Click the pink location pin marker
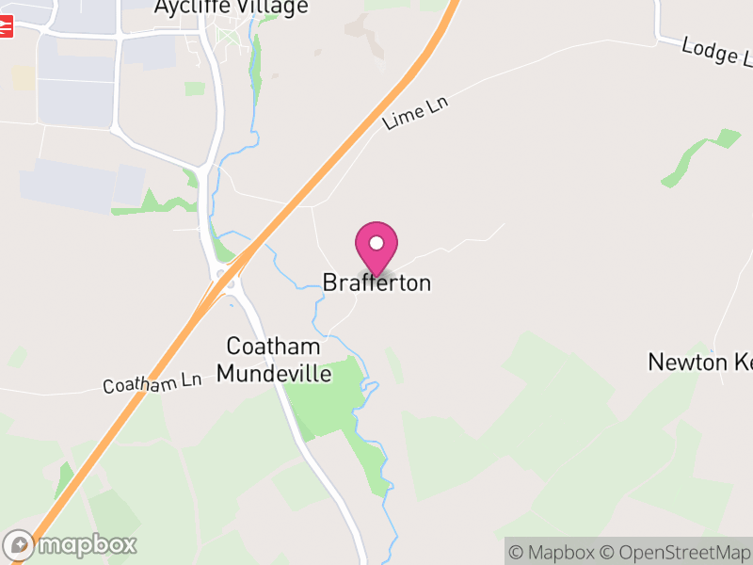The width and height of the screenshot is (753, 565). click(376, 248)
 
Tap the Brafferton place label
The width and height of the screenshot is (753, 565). click(376, 282)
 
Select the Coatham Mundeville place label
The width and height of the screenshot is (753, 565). click(274, 360)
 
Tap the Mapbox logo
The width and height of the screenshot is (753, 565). click(71, 544)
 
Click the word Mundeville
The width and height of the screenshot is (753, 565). click(274, 373)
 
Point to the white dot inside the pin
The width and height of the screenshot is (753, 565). click(376, 243)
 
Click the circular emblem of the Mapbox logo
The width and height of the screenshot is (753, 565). click(19, 544)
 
